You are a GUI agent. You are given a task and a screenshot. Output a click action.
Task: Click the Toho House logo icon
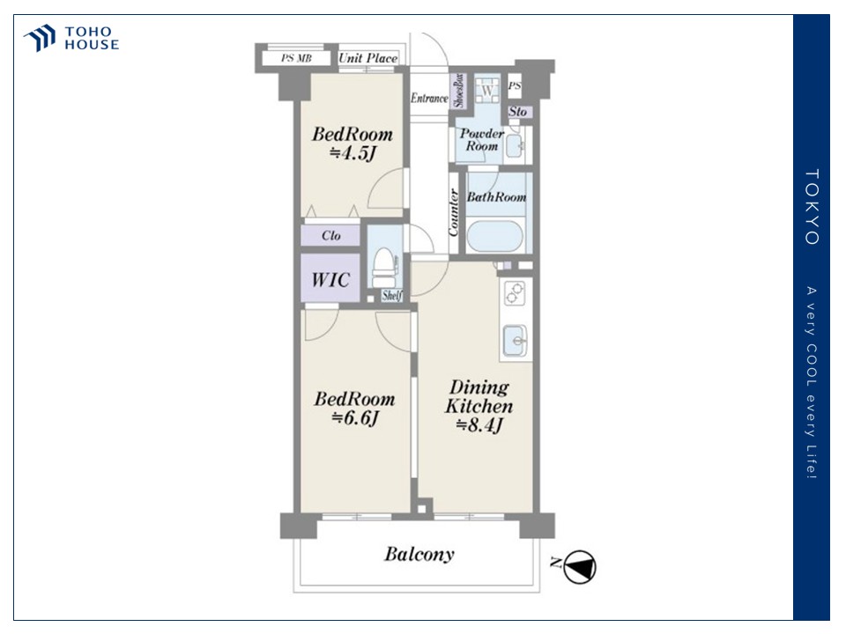coord(40,38)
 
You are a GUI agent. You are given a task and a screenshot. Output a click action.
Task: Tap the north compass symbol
coord(580,566)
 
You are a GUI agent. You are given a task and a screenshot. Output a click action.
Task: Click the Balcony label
coord(419,554)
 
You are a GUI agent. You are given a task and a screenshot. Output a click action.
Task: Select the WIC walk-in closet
coord(330,278)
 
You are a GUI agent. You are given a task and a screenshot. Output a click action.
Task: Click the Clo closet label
coord(330,236)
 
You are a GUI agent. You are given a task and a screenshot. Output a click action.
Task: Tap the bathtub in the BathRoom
coord(494,236)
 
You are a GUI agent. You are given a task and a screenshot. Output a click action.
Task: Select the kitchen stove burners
coord(514,293)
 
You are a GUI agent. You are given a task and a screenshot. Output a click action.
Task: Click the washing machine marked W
coord(487,90)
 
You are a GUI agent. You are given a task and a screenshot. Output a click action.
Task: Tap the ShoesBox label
coord(458,90)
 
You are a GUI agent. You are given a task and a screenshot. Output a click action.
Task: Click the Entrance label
coord(429,98)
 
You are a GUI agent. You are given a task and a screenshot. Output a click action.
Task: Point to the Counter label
coord(453,212)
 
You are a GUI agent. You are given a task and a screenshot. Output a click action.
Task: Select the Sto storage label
coord(517,112)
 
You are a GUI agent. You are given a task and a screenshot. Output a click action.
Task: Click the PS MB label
coord(296,58)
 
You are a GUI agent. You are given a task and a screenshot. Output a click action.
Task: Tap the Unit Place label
coord(368,58)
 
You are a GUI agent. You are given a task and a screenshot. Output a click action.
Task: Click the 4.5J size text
coord(352,153)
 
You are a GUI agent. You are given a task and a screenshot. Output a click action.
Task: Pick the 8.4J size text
coord(479,425)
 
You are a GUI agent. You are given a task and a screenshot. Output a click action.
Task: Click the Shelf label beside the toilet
coord(391,295)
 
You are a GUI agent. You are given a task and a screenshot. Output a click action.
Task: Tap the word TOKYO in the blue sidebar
coord(812,207)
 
